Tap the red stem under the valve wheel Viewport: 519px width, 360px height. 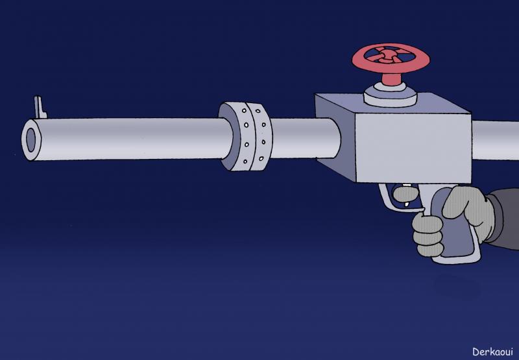coord(392,78)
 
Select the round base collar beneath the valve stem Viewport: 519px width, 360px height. coord(391,95)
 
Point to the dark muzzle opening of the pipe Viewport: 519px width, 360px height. coord(30,140)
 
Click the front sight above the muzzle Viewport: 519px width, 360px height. coord(40,107)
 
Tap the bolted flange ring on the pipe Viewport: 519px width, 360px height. coord(246,136)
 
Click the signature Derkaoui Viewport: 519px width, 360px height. coord(492,352)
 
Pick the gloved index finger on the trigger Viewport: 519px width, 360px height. coord(406,194)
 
